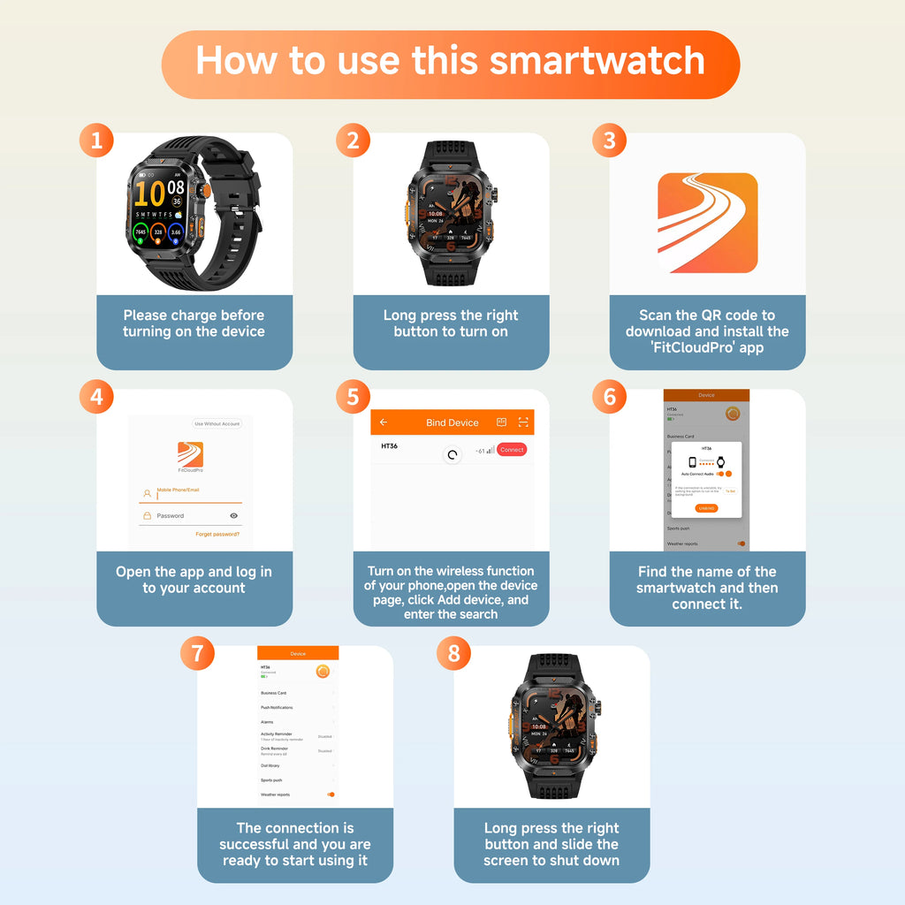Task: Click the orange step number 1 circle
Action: point(96,141)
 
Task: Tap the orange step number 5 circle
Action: point(353,397)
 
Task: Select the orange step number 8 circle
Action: point(454,653)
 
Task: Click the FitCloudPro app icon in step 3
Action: point(707,223)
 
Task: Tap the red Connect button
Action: point(511,450)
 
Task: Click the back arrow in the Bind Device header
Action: point(384,422)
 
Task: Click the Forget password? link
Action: point(217,534)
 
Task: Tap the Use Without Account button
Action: point(217,424)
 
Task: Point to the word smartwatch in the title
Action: point(597,60)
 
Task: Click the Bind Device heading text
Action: point(452,422)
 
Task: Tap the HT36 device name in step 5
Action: point(389,446)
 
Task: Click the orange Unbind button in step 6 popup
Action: point(706,508)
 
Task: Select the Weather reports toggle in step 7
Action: point(331,795)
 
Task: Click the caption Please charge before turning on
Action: point(194,323)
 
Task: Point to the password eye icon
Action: point(233,515)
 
